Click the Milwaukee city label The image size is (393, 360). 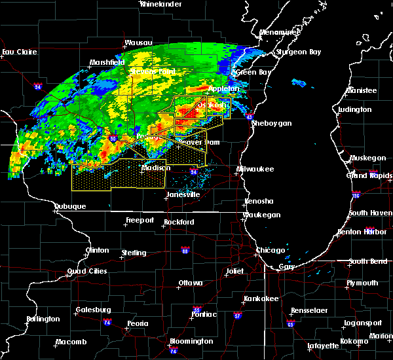(x=255, y=169)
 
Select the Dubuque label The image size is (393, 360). (x=70, y=207)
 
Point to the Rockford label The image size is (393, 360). (x=179, y=222)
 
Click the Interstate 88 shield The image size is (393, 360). (x=185, y=250)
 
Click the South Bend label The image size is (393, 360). (x=367, y=262)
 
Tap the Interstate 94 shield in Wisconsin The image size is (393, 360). (x=193, y=171)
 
